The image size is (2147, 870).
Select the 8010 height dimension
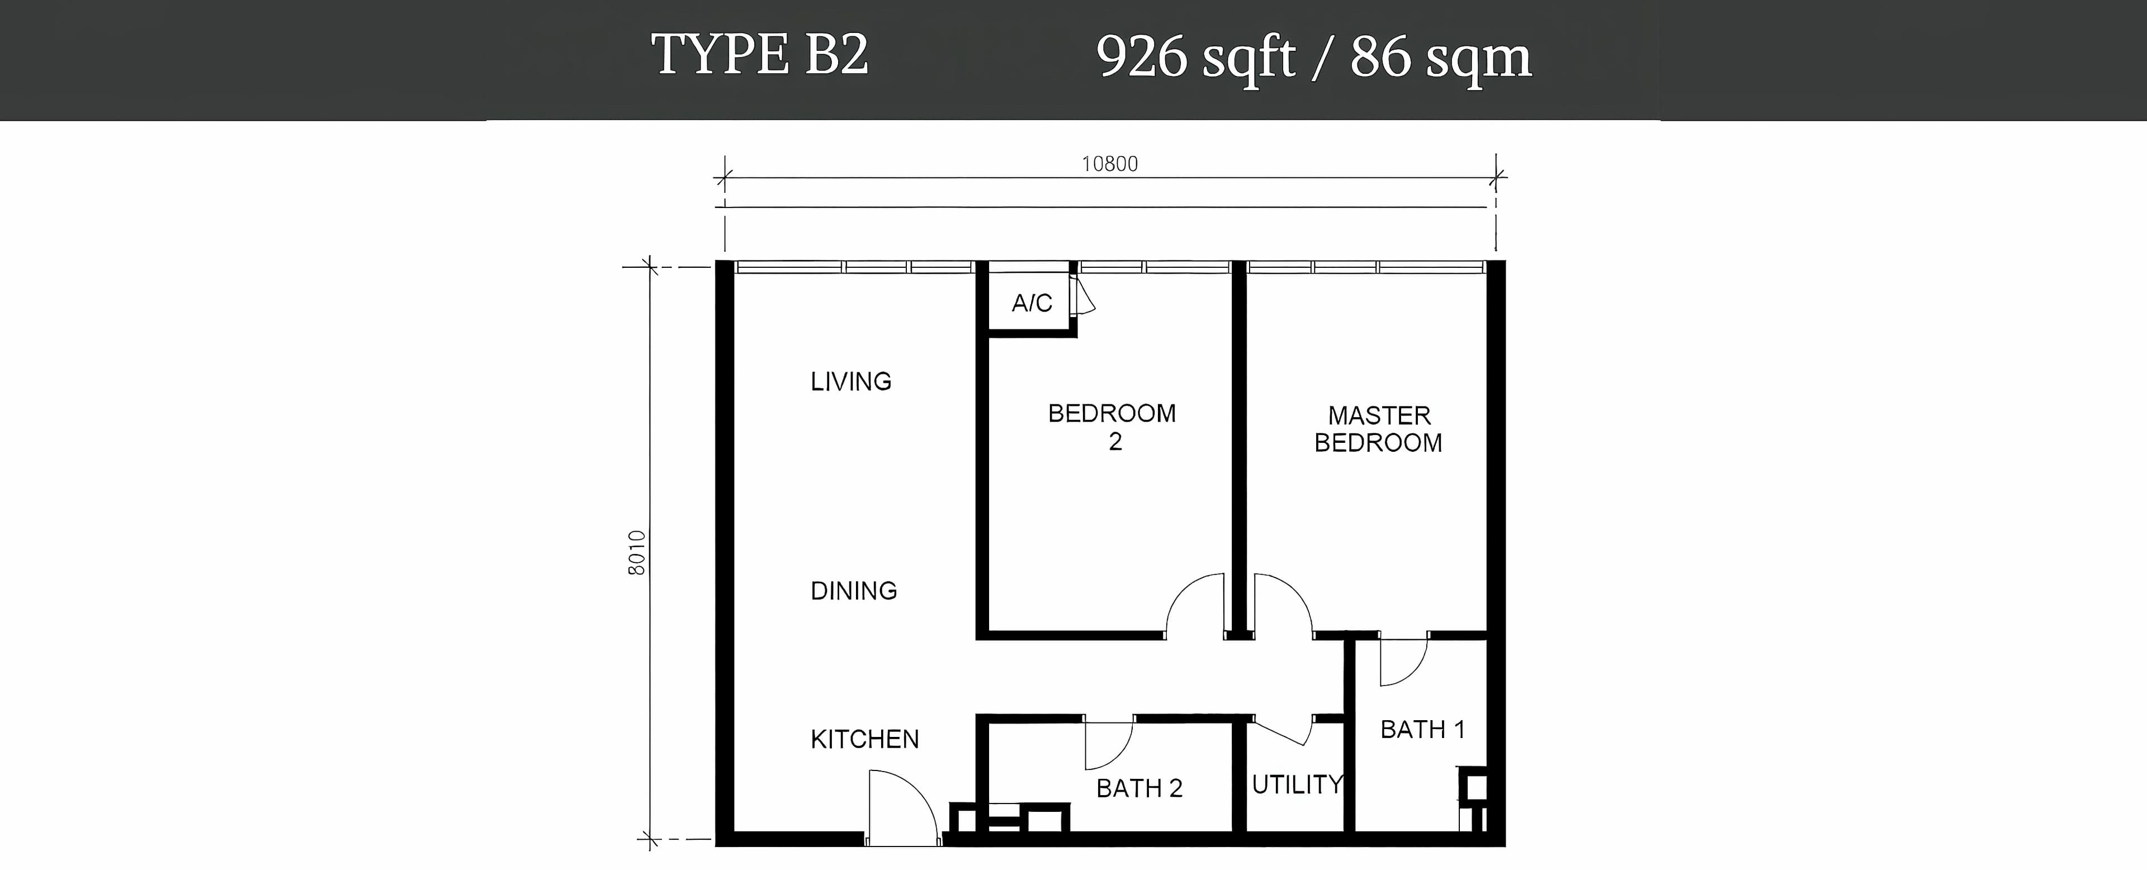point(637,552)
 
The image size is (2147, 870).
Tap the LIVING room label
point(851,382)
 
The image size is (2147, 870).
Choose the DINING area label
point(853,591)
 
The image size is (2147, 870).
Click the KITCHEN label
point(864,739)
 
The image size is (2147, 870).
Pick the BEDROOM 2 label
point(1112,427)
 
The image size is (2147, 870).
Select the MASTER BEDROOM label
point(1379,429)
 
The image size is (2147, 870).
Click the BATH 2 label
point(1139,788)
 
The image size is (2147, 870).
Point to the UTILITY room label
point(1297,784)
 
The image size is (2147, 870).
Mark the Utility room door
point(1282,731)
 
